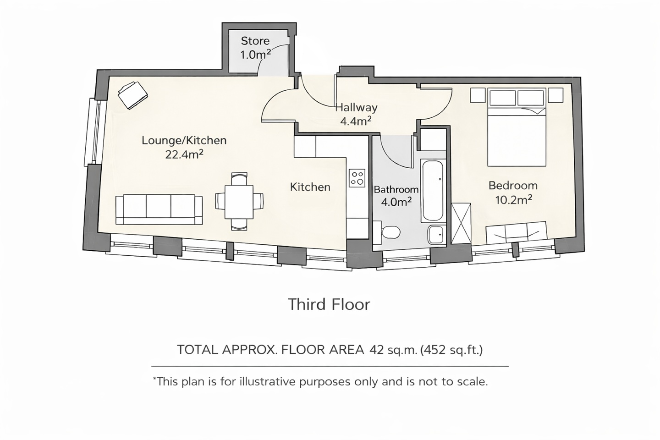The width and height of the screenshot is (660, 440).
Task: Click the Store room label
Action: [x=255, y=48]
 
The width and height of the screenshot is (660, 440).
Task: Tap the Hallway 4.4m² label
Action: [x=356, y=114]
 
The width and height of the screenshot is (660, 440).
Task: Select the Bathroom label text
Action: [x=396, y=189]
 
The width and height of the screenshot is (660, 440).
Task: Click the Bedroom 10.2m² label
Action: [x=513, y=192]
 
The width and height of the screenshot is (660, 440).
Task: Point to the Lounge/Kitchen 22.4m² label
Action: [x=184, y=147]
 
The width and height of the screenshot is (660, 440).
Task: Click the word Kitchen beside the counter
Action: [x=310, y=187]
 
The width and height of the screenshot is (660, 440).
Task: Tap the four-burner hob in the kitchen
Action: [x=357, y=178]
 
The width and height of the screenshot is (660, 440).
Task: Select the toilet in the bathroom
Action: [x=389, y=233]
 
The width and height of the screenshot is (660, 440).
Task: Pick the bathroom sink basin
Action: [x=435, y=235]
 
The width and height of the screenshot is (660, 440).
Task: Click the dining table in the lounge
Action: [x=239, y=201]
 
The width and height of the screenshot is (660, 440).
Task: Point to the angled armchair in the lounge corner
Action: [x=133, y=95]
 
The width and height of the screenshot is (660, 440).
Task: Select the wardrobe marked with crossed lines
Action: [x=461, y=223]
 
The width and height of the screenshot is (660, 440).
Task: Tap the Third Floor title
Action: [x=329, y=304]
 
